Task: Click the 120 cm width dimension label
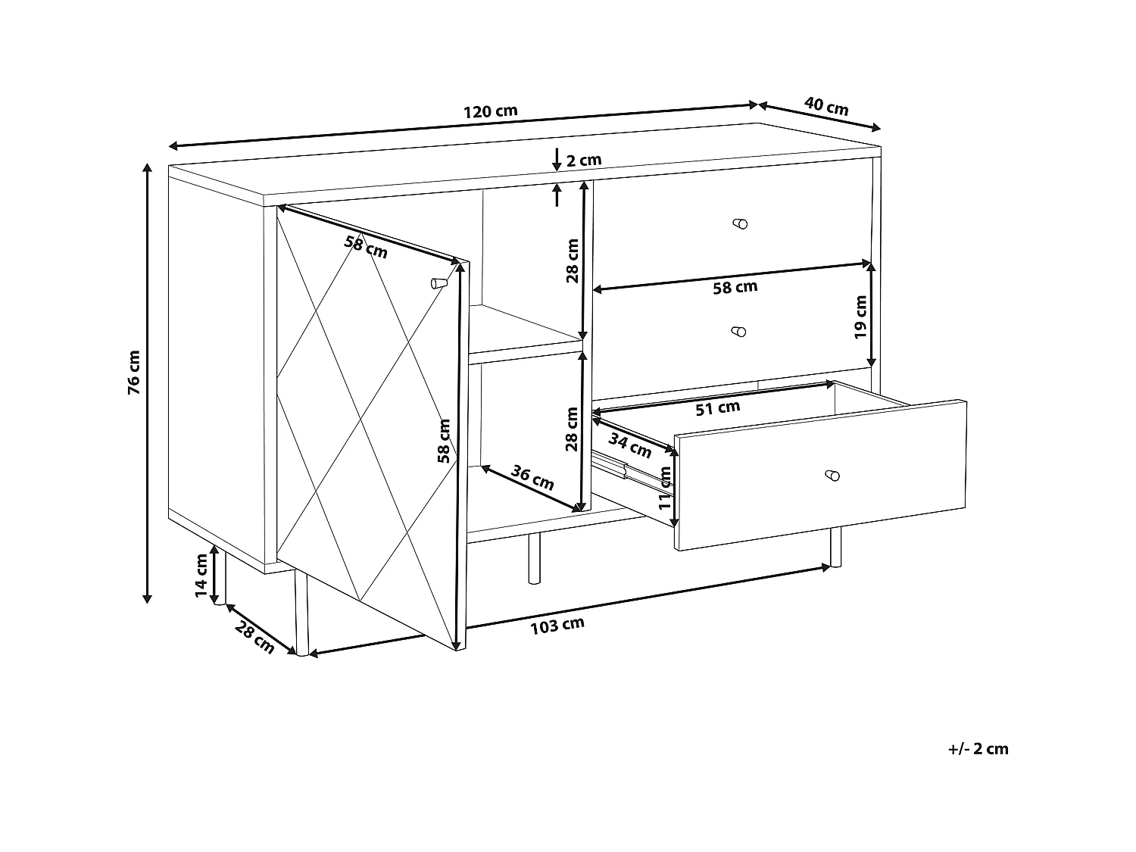[x=490, y=111]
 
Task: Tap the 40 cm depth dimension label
[x=826, y=106]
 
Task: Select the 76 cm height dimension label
[x=133, y=373]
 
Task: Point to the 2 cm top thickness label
[x=584, y=160]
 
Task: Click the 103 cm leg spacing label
[x=557, y=626]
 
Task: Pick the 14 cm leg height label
[x=201, y=576]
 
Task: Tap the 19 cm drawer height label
[x=860, y=317]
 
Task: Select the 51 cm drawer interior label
[x=717, y=408]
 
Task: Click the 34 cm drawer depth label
[x=630, y=447]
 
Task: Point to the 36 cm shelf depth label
[x=533, y=478]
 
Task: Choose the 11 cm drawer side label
[x=665, y=486]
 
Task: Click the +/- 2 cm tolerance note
[x=978, y=749]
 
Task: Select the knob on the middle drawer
[x=739, y=331]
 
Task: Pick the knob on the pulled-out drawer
[x=832, y=476]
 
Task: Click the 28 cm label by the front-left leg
[x=254, y=636]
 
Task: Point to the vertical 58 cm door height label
[x=445, y=441]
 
